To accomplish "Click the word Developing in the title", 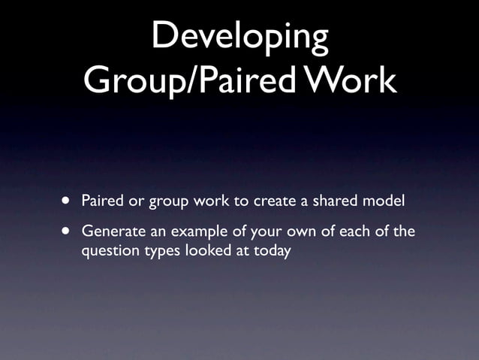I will click(239, 37).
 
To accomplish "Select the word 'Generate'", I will click(111, 231).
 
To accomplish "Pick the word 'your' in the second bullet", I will click(249, 231).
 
